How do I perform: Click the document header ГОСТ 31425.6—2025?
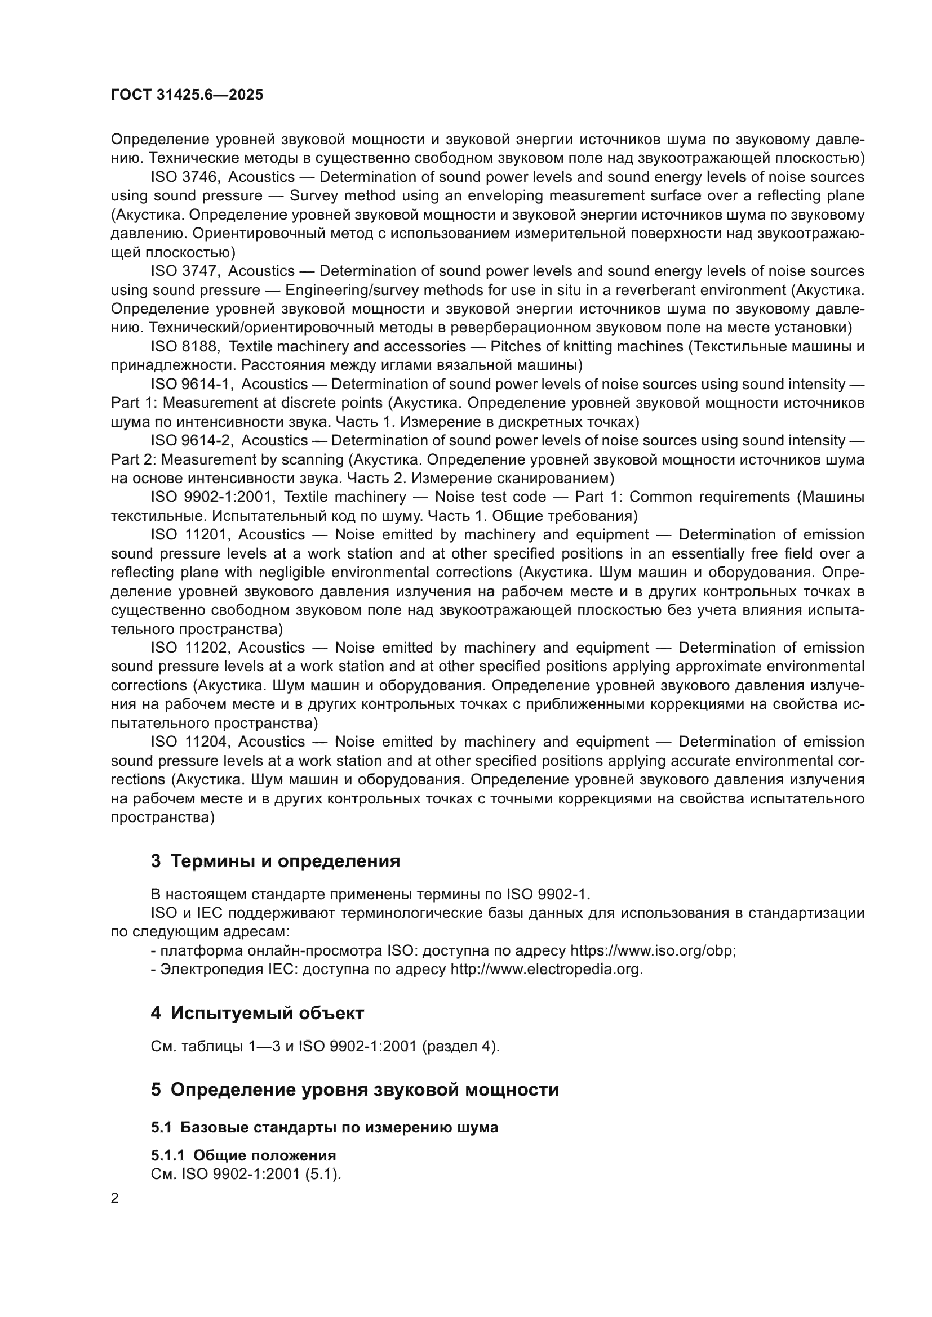coord(187,95)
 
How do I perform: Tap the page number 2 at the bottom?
coord(115,1198)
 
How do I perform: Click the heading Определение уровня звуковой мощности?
coord(365,1090)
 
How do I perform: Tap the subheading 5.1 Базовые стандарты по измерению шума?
coord(324,1127)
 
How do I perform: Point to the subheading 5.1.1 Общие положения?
coord(243,1155)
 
